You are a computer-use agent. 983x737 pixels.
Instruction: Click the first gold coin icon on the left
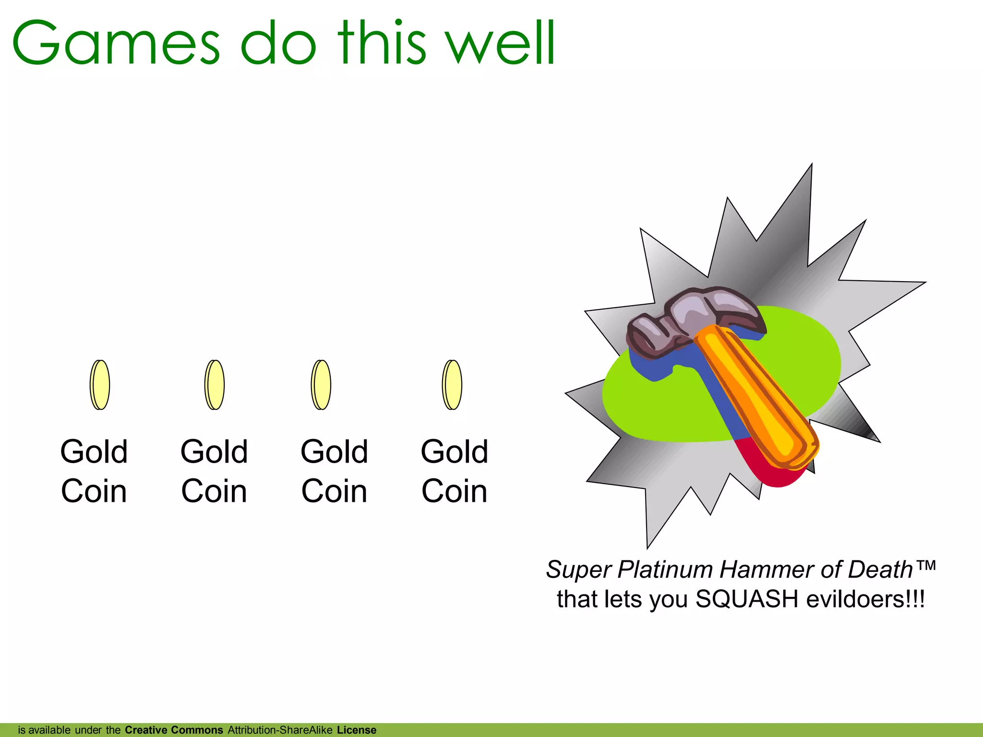tap(100, 385)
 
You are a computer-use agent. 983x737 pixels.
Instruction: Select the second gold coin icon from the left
tap(215, 385)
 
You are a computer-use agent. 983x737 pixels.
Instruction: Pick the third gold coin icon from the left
tap(321, 385)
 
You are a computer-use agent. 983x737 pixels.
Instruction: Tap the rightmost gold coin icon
tap(452, 385)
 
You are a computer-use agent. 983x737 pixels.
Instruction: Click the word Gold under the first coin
tap(94, 452)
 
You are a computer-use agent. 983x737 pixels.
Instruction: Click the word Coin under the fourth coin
tap(454, 491)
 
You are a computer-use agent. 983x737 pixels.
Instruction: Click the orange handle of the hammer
tap(758, 398)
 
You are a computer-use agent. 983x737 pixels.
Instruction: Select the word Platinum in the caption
tap(665, 570)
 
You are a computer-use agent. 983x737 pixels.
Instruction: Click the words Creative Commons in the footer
tap(174, 730)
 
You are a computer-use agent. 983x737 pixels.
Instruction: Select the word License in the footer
tap(357, 730)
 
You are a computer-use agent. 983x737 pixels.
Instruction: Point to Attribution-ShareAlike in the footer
tap(280, 730)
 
